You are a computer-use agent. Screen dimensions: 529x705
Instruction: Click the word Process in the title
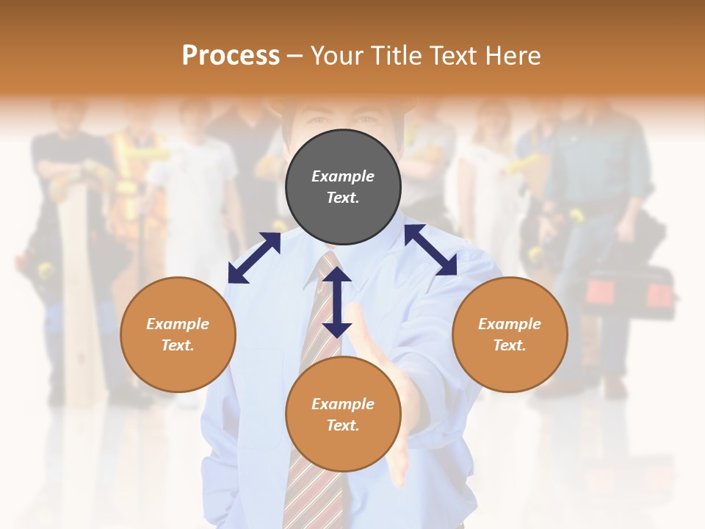click(x=231, y=56)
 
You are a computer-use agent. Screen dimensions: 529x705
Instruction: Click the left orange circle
click(x=178, y=334)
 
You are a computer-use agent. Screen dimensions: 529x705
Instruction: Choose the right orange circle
click(x=510, y=334)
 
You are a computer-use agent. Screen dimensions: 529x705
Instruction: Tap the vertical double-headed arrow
click(x=337, y=302)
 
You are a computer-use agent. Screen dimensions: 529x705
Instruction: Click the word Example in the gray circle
click(x=343, y=176)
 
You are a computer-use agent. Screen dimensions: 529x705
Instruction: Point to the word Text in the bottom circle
click(x=341, y=425)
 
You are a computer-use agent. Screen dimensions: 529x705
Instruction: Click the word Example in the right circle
click(x=510, y=324)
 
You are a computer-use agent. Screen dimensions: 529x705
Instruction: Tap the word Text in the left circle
click(x=177, y=345)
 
